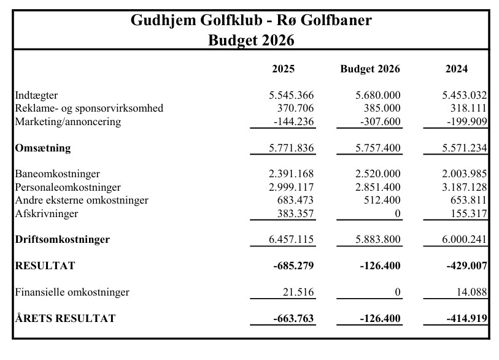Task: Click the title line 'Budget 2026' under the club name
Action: tap(251, 40)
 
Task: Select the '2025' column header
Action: tap(283, 69)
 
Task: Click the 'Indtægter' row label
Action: tap(37, 95)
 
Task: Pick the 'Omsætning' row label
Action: tap(42, 148)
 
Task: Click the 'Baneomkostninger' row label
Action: tap(57, 174)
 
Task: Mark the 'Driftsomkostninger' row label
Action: tap(62, 239)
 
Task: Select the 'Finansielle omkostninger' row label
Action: tap(72, 292)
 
